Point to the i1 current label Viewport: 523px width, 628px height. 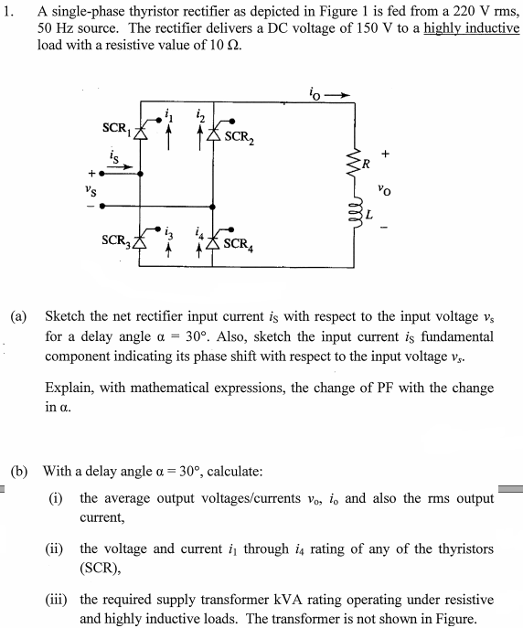(x=167, y=114)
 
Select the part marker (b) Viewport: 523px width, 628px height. (x=19, y=472)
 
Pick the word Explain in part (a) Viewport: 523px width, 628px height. (x=69, y=388)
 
